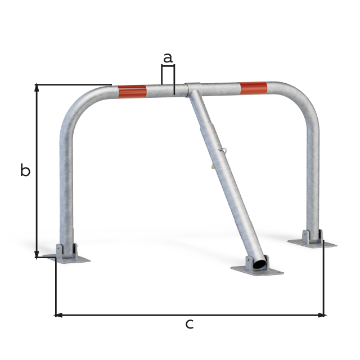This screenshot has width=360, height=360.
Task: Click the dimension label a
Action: coord(168,57)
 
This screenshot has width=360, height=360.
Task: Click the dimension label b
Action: coord(25,170)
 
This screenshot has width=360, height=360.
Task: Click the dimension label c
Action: coord(190,324)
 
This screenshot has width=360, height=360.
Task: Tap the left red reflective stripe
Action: coord(132,91)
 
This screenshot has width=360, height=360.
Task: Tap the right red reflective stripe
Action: coord(253,88)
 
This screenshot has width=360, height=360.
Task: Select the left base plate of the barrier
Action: coord(67,258)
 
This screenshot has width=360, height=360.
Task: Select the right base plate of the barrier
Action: coord(312,243)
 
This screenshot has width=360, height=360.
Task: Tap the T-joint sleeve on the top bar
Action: coord(193,89)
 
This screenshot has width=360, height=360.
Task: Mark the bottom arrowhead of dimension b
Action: coord(37,255)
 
